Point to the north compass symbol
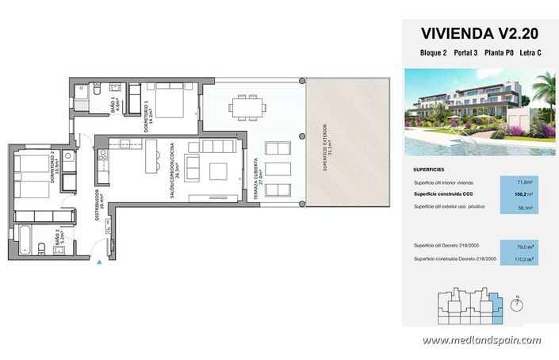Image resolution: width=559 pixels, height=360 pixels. point(516,301)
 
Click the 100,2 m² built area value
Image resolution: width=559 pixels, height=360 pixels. point(521,193)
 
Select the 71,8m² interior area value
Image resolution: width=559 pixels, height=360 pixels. point(521,182)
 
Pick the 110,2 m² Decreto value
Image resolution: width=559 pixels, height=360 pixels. point(521,259)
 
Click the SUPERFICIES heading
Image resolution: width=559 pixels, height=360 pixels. point(433,170)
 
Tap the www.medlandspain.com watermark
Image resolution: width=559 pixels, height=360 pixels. point(481,340)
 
